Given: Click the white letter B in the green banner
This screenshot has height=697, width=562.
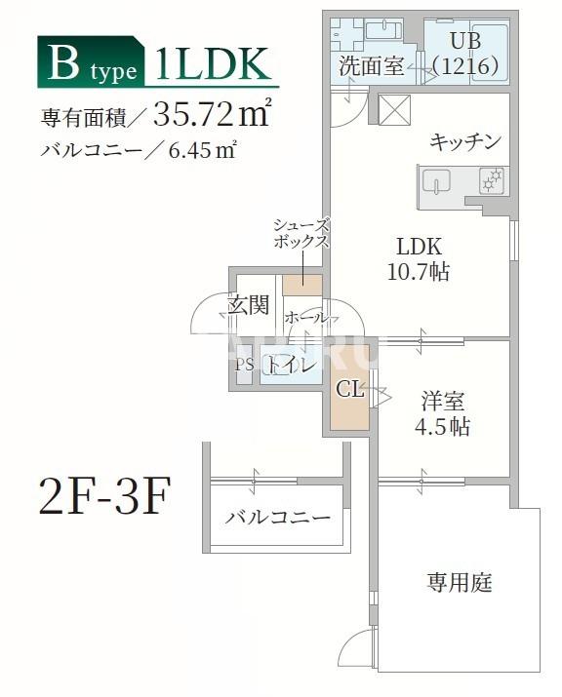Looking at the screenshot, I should point(64,65).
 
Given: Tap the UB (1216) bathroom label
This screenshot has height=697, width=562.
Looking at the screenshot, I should point(466,54).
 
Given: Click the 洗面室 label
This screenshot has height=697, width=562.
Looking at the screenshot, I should point(370,66).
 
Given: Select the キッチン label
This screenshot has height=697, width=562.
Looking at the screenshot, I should point(465,141).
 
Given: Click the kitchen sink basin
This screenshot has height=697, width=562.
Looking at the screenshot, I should point(436,182).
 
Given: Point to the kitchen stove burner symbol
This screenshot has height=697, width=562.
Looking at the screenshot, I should point(493,178).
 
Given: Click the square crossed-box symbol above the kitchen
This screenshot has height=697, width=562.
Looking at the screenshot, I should point(396,109).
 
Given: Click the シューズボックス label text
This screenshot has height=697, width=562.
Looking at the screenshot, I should point(301,234).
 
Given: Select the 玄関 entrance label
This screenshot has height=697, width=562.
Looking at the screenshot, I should point(249,305).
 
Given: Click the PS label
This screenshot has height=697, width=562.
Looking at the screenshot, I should point(244,365).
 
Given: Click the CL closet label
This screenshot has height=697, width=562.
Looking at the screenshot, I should point(349,390).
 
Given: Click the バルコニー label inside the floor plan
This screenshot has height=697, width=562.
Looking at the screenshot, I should point(277,518).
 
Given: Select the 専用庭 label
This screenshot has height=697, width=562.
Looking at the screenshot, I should point(459,583).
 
